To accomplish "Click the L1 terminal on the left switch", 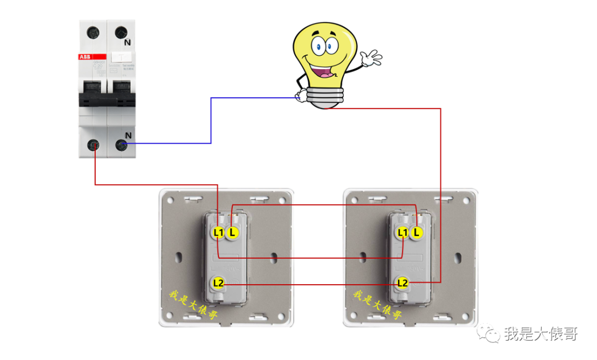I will point(218,233).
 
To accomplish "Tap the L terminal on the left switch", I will point(233,233).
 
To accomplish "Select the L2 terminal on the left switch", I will point(218,284).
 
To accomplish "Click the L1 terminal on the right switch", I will point(402,233).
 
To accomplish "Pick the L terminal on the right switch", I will point(417,233).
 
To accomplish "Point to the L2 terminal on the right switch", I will point(402,283).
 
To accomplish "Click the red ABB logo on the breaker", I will point(85,57).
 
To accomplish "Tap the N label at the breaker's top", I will point(128,42).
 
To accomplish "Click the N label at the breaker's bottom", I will point(128,135).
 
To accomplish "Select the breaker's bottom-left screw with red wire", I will point(94,145).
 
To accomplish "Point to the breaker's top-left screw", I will point(93,32).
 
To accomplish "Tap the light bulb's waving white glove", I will point(370,58).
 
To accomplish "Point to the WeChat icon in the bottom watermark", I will point(490,333).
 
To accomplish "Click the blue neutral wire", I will point(211,122).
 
